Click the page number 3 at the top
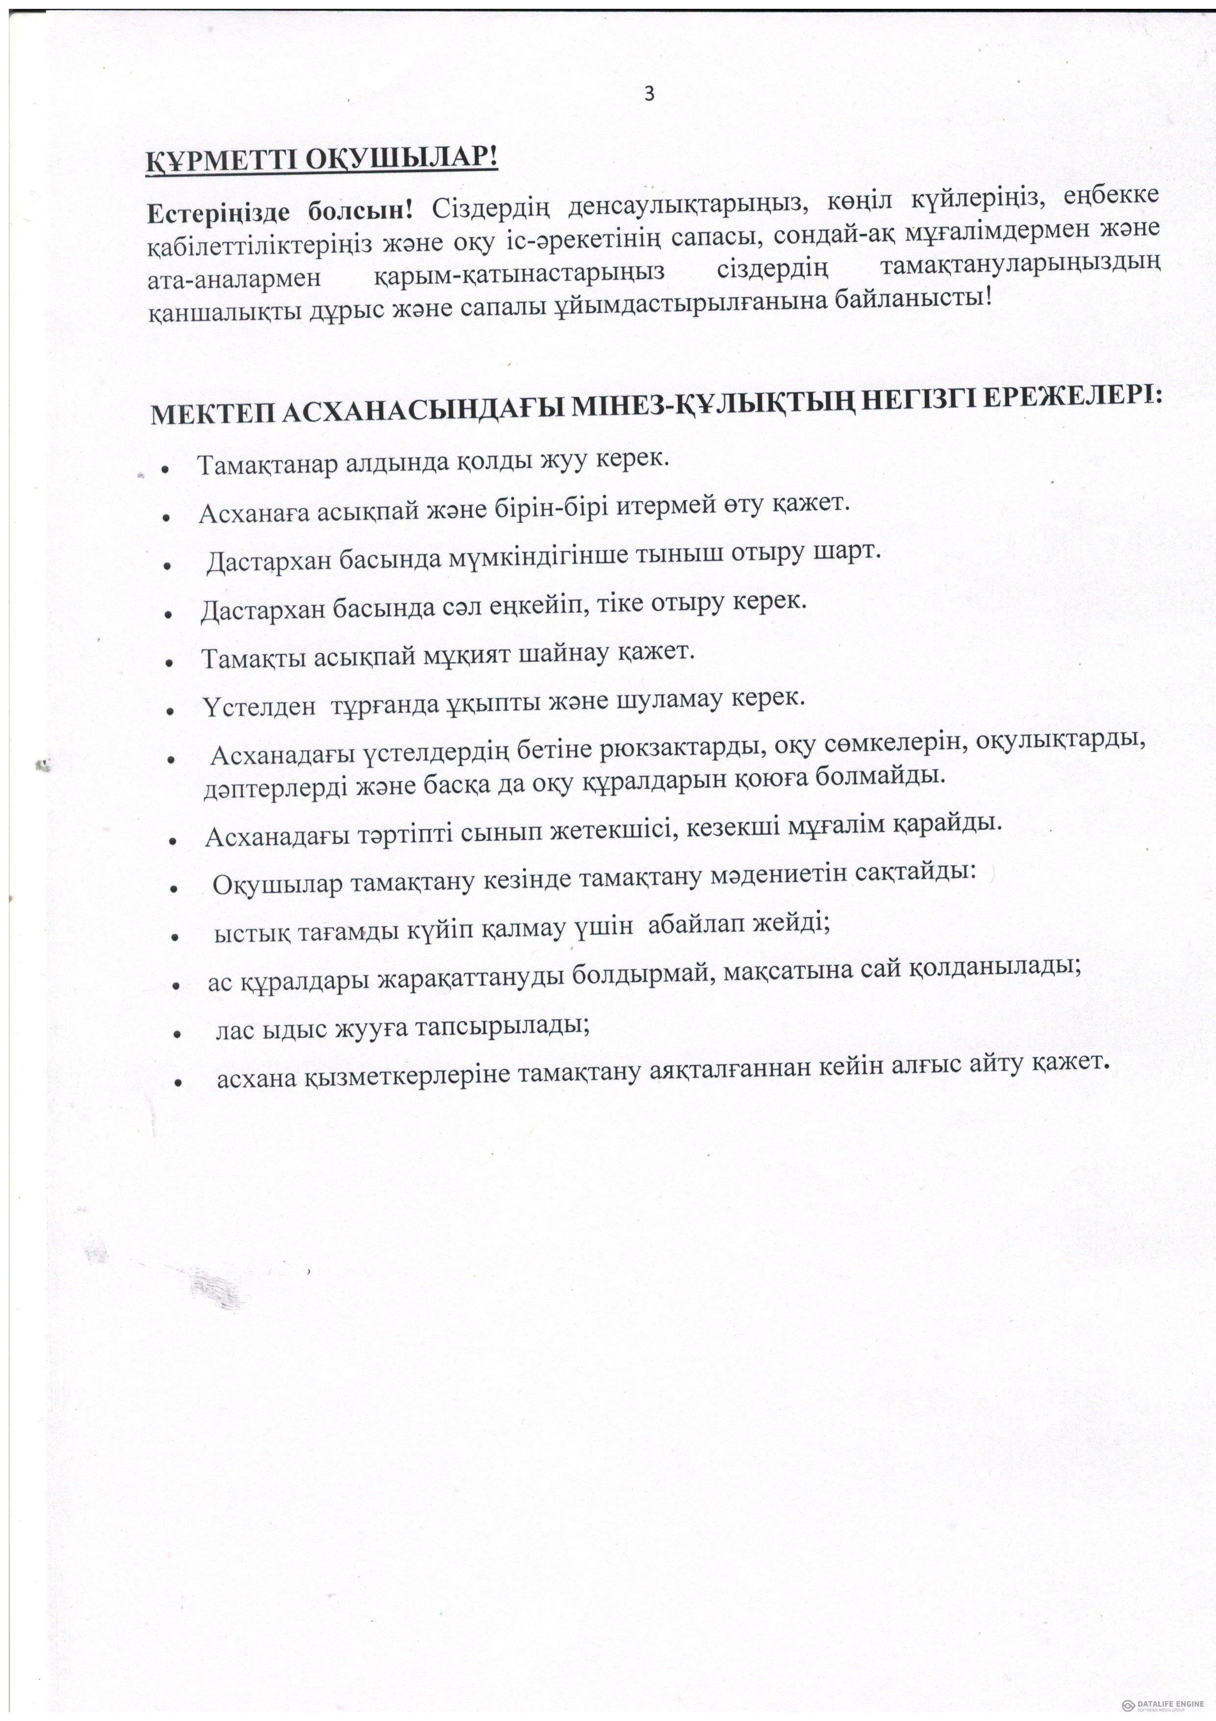tap(649, 95)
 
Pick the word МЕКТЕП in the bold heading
tap(210, 415)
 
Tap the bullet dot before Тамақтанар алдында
tap(163, 469)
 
